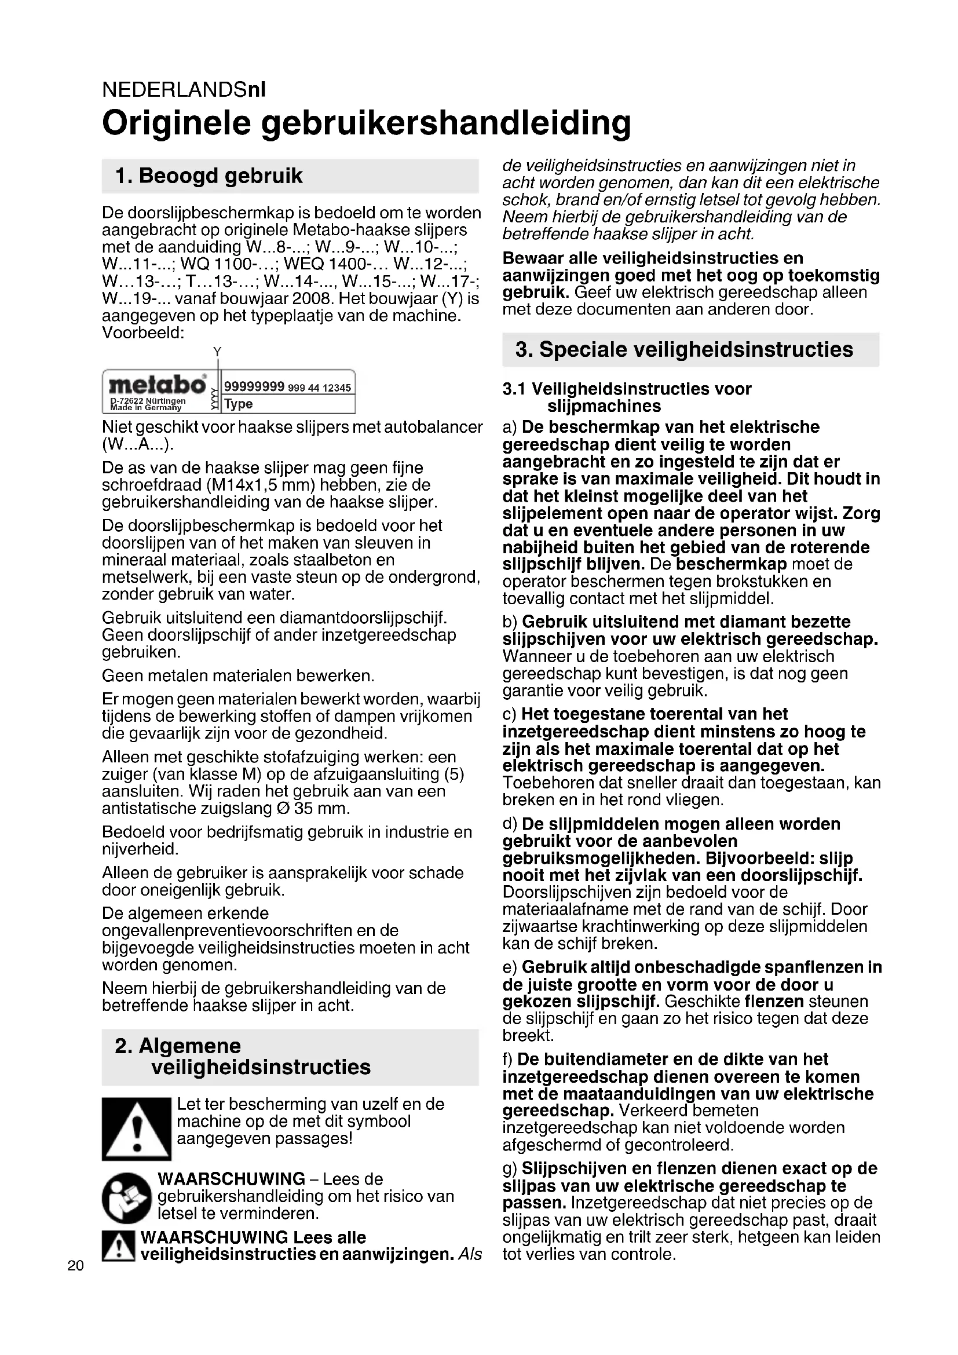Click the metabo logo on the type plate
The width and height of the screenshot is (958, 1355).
[x=157, y=385]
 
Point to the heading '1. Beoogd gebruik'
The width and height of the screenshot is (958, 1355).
[x=209, y=176]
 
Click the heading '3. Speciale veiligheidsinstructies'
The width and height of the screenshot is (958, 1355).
[x=684, y=349]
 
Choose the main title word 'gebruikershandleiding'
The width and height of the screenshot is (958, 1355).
[x=447, y=122]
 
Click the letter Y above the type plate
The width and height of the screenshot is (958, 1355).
[x=217, y=352]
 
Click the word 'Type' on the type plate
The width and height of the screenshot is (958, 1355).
[x=239, y=404]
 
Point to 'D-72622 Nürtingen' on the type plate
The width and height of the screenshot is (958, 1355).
[x=148, y=401]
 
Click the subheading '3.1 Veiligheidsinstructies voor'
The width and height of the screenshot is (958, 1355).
[x=627, y=389]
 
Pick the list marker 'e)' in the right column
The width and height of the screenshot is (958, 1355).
[x=510, y=967]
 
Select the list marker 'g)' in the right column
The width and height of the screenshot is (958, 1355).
[x=510, y=1169]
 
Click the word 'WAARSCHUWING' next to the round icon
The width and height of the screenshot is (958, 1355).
[x=231, y=1179]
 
